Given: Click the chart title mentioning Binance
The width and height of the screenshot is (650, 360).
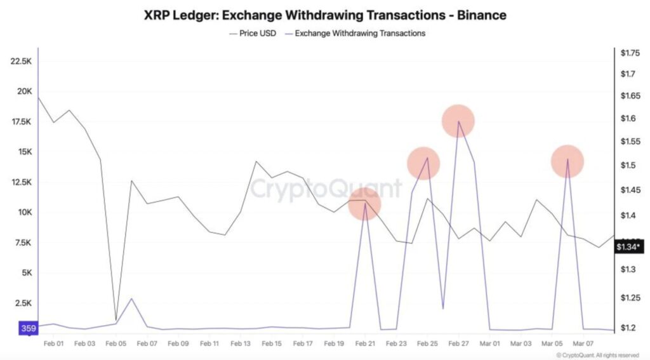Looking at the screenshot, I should coord(325,13).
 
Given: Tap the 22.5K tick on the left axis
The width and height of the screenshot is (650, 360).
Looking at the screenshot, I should coord(22,61).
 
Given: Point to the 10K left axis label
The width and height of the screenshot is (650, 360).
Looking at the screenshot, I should coord(24,212).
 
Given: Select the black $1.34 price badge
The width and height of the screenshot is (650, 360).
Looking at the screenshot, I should coord(629,247).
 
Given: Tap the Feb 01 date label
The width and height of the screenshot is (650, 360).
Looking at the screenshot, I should coord(54,343).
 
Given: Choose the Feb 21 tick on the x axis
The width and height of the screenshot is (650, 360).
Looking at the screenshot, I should coord(364,343).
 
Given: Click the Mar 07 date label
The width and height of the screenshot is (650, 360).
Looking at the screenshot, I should coord(582,343).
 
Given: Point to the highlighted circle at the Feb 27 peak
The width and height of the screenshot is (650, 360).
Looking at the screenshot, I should coord(458,121).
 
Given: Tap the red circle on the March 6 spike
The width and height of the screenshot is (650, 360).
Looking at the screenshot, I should coord(567,161).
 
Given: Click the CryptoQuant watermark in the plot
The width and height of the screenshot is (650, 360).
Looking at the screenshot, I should coord(325,189).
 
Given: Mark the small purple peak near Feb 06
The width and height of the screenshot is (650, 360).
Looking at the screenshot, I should coord(131,298).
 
